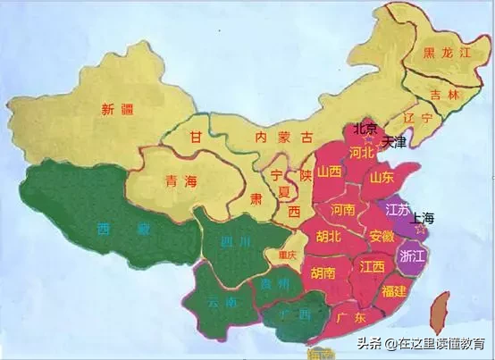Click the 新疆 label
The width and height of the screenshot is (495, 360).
118,110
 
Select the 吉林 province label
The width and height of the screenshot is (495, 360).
441,94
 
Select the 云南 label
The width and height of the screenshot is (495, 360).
219,303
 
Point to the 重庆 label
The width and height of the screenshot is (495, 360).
286,253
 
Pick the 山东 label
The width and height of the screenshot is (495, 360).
382,178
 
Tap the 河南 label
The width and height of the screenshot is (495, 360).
343,211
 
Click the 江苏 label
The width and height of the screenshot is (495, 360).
397,210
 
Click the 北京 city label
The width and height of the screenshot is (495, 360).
366,128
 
